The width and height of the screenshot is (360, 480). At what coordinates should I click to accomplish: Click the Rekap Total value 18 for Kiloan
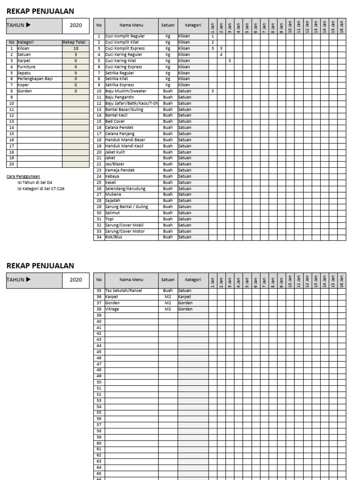[75, 48]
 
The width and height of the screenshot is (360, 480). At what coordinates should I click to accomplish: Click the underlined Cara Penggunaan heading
[23, 176]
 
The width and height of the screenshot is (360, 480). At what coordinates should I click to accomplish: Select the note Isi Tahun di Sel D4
[35, 182]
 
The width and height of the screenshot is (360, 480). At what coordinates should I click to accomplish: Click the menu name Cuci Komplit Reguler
[125, 36]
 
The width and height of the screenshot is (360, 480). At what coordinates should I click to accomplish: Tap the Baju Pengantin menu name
[120, 97]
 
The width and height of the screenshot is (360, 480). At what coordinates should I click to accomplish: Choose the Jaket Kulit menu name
[116, 152]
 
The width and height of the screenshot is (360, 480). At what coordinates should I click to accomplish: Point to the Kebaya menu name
[113, 176]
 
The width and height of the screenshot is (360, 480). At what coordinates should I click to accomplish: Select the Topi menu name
[110, 219]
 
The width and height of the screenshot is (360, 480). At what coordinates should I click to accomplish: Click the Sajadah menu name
[113, 201]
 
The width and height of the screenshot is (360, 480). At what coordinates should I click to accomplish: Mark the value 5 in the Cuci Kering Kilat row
[230, 60]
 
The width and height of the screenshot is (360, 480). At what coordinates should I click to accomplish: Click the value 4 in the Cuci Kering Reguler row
[221, 54]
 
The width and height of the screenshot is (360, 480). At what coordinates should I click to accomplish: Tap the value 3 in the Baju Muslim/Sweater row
[213, 91]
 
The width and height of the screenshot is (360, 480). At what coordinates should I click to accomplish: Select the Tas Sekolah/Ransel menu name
[123, 291]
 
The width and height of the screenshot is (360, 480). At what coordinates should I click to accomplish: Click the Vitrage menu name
[113, 309]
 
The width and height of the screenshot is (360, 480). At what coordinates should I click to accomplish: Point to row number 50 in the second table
[99, 382]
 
